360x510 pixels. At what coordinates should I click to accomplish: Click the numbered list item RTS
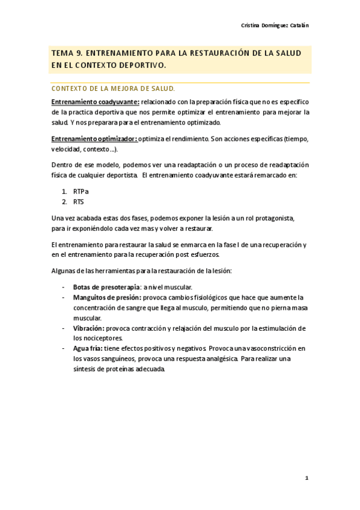[79, 202]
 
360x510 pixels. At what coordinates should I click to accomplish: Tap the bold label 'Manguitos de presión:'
[108, 297]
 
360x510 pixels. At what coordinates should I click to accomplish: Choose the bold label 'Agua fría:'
[88, 349]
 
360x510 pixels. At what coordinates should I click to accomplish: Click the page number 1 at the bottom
[306, 478]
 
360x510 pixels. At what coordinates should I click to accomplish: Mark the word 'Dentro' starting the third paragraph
[63, 165]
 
